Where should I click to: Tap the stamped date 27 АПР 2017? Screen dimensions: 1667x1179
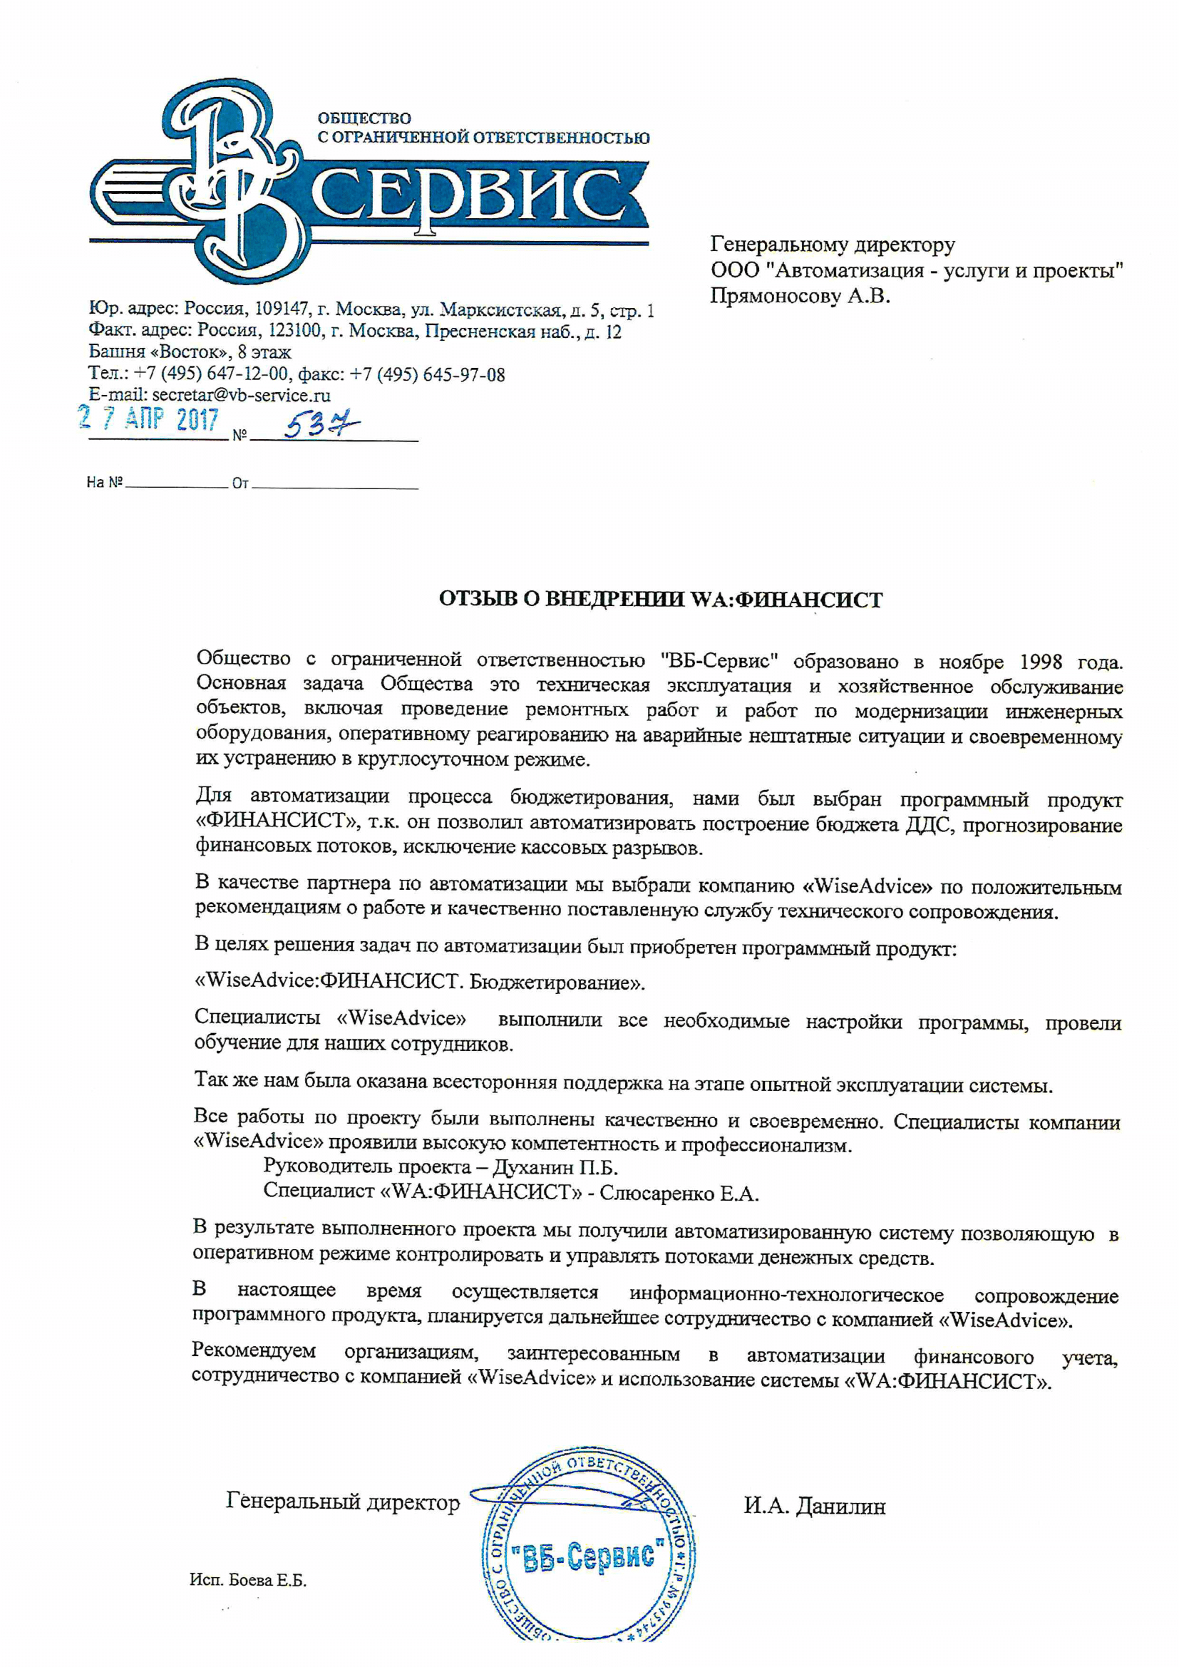coord(149,419)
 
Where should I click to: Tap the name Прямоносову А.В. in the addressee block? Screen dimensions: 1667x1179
coord(799,296)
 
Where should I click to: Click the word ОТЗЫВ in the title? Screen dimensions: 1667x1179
coord(478,600)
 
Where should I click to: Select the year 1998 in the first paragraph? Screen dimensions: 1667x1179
coord(1041,662)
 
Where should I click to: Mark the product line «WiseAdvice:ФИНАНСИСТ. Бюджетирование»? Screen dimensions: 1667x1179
coord(420,983)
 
